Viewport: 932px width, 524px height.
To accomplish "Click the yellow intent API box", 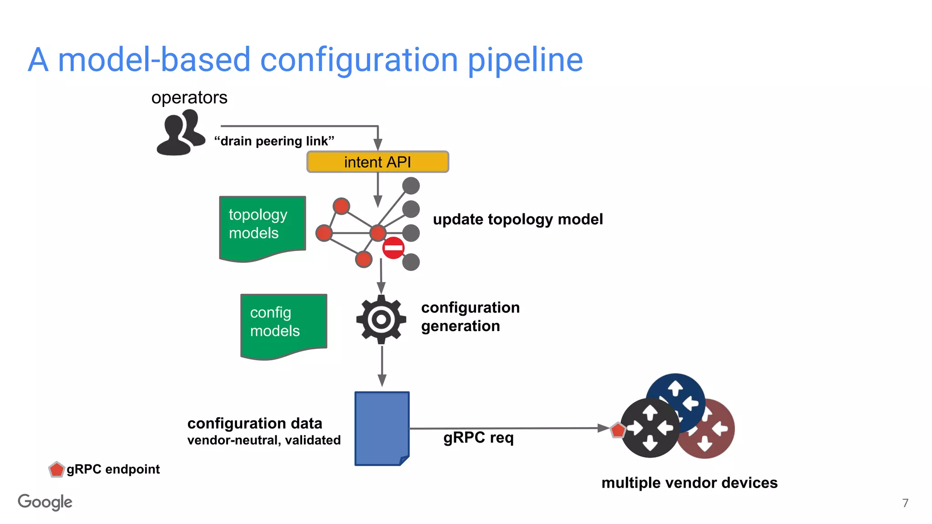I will click(x=378, y=162).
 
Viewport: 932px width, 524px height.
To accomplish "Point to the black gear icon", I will click(x=381, y=319).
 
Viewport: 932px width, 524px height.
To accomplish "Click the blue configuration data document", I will click(x=382, y=428).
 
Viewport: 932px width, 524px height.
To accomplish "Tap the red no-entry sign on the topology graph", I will click(x=393, y=248).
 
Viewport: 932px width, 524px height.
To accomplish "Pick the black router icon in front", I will click(x=650, y=428).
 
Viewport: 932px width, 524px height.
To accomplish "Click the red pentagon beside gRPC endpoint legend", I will click(x=56, y=469).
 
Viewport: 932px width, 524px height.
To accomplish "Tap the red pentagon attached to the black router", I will click(x=618, y=430).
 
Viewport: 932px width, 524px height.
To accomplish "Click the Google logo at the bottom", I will click(x=45, y=502).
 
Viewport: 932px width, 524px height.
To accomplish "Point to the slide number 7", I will click(x=905, y=503).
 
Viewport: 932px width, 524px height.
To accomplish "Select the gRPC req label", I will click(x=478, y=438).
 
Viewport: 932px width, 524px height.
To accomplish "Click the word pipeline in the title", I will click(x=525, y=60).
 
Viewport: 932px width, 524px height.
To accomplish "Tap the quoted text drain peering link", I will click(x=274, y=141).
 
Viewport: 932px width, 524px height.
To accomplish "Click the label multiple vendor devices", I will click(x=689, y=483).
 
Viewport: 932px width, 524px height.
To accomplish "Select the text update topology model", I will click(x=517, y=219).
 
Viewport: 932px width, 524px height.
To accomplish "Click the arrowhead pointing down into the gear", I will click(x=381, y=287).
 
